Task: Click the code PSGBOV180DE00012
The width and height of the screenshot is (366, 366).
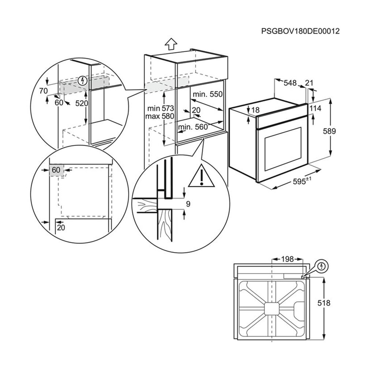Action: pos(300,31)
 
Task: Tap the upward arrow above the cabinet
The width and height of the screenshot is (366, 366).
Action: pos(171,44)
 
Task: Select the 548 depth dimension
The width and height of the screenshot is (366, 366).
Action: pos(290,83)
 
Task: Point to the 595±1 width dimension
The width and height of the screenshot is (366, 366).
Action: pos(302,181)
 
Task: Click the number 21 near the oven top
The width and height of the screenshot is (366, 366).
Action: pos(309,83)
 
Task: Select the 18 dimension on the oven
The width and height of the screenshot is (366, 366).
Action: pos(255,110)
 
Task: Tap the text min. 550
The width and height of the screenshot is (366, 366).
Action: pos(208,94)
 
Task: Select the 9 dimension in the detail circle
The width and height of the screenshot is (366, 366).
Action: pos(188,204)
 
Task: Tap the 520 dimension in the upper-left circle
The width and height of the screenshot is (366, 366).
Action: pos(81,103)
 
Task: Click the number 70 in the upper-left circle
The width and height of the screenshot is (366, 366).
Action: pos(43,91)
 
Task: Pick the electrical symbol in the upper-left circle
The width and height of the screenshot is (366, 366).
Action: pos(83,79)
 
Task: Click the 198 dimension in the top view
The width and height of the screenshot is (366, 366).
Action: pos(288,259)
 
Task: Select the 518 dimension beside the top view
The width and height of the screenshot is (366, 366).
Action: pos(324,303)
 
